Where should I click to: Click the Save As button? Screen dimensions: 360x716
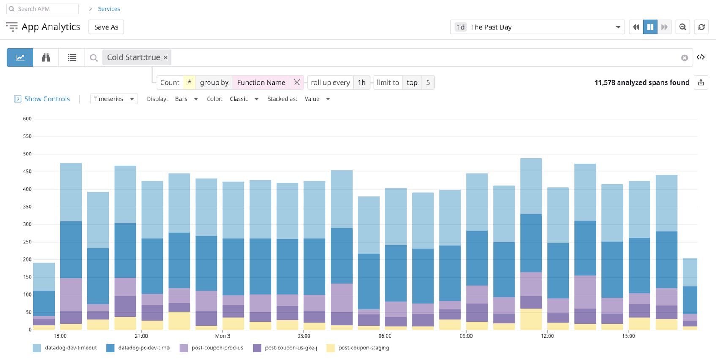[106, 27]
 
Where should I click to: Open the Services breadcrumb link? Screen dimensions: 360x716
[109, 9]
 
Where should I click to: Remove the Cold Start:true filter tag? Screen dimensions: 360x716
[166, 57]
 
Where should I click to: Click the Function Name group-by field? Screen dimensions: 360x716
[261, 82]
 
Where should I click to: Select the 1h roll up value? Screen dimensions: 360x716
[361, 82]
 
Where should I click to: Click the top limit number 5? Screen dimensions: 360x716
[428, 82]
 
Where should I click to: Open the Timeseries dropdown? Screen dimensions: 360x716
[114, 99]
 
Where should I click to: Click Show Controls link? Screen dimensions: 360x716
[46, 99]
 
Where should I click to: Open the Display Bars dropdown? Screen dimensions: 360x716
[186, 99]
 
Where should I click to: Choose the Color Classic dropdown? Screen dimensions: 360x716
[244, 99]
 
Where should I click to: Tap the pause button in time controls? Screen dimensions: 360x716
[650, 27]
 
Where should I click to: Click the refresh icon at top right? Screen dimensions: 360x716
[701, 27]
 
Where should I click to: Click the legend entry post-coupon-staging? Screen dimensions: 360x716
[363, 348]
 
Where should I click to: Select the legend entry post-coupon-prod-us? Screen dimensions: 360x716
[217, 348]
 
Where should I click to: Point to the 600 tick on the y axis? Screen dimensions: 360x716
[27, 119]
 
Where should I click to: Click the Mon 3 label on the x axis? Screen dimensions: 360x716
[222, 336]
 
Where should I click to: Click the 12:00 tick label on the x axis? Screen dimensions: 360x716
[547, 336]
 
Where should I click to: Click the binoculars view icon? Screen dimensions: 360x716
[46, 57]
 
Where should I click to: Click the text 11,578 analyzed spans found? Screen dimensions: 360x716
[642, 82]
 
